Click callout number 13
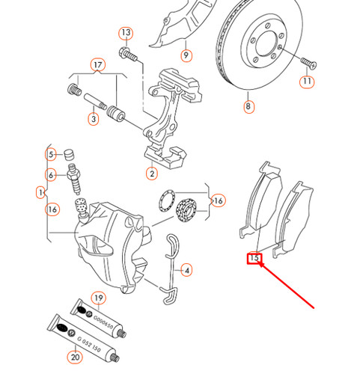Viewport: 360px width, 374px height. [126, 33]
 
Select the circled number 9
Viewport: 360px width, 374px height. [186, 55]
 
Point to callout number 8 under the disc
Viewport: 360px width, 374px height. [248, 107]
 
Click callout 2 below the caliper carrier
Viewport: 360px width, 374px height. [152, 174]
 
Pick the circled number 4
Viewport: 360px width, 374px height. [186, 270]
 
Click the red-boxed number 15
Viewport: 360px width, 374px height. [254, 259]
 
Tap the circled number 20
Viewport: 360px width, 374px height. [74, 358]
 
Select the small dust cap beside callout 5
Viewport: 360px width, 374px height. [72, 155]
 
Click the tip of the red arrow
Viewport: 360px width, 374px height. [259, 264]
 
